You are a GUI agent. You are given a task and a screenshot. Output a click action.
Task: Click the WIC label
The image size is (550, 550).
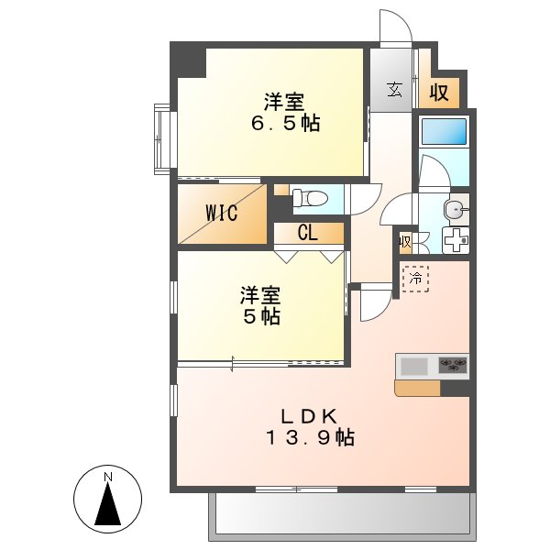click(x=221, y=214)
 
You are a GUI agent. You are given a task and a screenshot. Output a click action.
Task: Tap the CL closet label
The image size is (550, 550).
click(x=307, y=233)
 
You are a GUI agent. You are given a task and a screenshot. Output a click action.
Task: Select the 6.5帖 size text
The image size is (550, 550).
click(x=286, y=123)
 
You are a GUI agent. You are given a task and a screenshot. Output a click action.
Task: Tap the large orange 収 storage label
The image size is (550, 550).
click(x=439, y=92)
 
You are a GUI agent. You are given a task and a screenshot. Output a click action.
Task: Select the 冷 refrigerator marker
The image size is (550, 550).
click(x=415, y=276)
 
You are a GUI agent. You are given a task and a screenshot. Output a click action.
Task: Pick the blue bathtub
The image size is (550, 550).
click(x=445, y=131)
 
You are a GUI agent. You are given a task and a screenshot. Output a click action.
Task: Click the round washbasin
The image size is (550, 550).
click(x=453, y=209)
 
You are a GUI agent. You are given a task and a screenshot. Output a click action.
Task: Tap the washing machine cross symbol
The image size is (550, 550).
click(x=455, y=241)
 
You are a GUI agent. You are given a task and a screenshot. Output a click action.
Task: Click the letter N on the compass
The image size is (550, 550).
click(x=107, y=477)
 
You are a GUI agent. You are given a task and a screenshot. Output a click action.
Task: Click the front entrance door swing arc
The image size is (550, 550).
click(x=396, y=26)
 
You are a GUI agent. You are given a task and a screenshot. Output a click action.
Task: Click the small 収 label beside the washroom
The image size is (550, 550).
click(x=405, y=242)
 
